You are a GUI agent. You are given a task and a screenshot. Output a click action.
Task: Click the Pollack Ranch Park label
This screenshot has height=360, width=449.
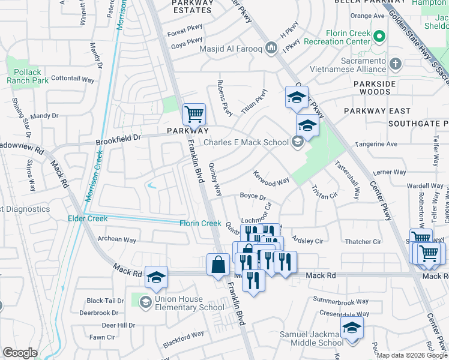coord(24,76)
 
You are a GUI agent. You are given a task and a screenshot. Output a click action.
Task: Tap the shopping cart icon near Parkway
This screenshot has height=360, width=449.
coord(194,113)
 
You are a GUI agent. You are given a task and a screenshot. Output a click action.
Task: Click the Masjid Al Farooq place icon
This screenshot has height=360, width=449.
coord(271,47)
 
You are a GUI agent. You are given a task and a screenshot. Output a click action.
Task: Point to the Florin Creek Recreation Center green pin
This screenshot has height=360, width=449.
coord(379,37)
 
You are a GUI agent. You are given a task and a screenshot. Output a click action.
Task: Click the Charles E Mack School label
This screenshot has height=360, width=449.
coord(246,142)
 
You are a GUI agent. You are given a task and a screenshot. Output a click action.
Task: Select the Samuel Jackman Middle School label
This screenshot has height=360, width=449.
coord(312,338)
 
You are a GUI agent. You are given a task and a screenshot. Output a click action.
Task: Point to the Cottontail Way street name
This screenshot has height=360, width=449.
coord(73,79)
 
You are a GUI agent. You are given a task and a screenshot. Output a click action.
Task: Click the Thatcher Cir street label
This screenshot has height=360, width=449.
coord(363,242)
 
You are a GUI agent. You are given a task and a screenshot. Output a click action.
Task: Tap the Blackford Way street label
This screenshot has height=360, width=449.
coord(183,337)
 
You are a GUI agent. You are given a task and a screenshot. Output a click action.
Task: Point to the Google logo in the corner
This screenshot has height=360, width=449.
coord(20,353)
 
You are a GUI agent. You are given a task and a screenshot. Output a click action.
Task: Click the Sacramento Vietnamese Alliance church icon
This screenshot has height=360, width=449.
coord(395,63)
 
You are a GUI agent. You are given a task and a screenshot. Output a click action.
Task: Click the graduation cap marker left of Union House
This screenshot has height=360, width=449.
coord(156,277)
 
